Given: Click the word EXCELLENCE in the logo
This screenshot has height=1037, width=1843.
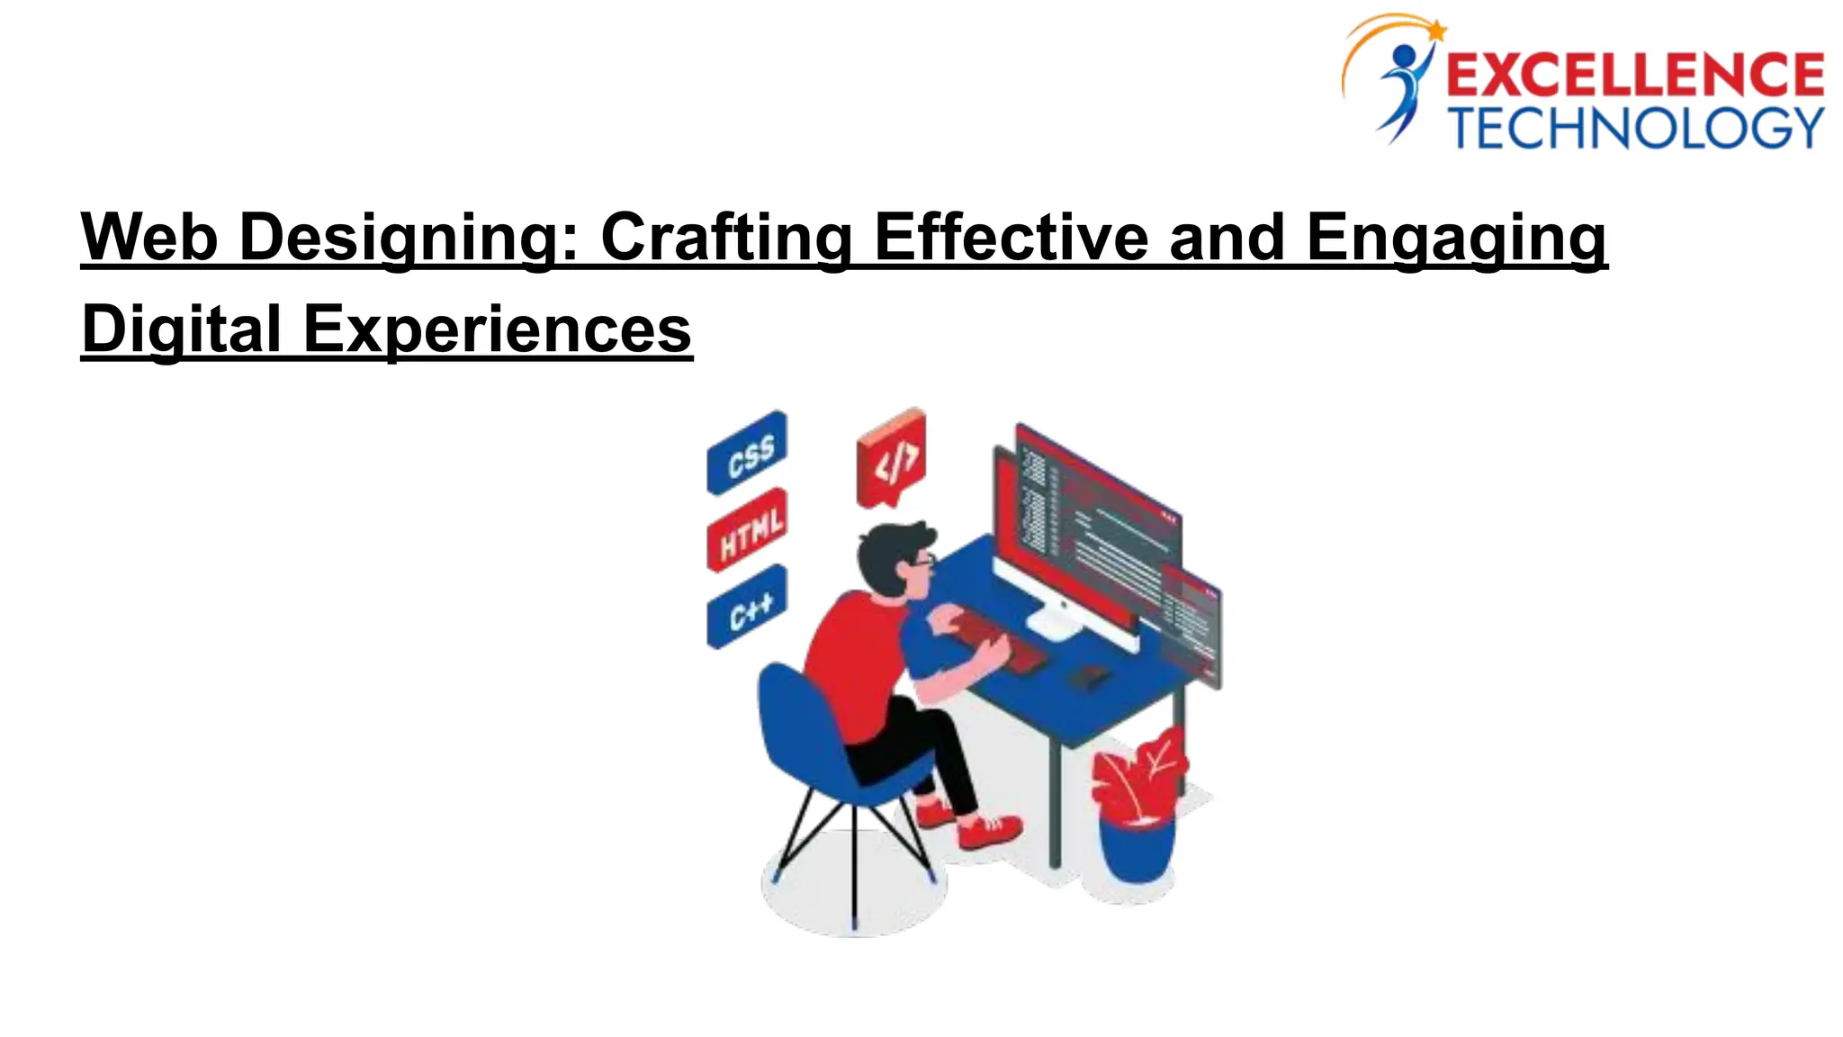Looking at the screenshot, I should coord(1634,75).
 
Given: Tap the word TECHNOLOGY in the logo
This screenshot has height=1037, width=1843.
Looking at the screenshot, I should coord(1636,128).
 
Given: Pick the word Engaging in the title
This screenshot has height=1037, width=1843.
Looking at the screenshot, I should coord(1455,239).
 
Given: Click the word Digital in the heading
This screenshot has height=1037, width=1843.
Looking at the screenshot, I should coord(181,329).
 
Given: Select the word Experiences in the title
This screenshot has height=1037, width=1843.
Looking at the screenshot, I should coord(497,329).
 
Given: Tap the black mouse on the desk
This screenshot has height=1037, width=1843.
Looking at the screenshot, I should coord(1088,676).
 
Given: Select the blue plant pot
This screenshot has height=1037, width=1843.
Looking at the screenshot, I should coord(1136,851).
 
